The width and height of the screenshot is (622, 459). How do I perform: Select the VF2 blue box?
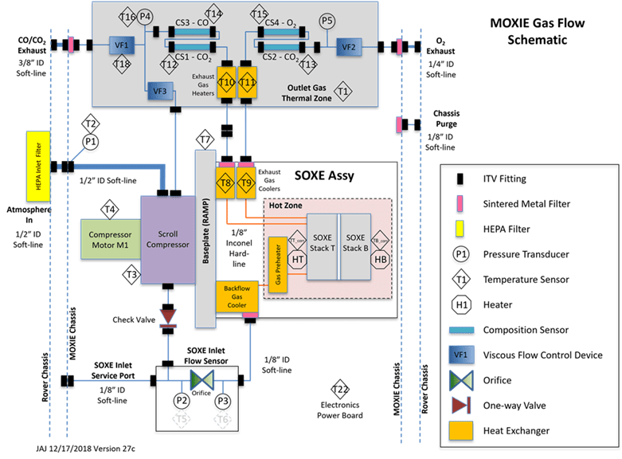pos(349,48)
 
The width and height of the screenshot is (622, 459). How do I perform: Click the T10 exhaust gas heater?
pos(227,82)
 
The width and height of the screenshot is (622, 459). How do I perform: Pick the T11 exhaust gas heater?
pos(248,82)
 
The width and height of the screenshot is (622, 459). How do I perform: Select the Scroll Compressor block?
pos(168,238)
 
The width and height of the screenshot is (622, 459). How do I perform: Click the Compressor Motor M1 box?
pos(111,240)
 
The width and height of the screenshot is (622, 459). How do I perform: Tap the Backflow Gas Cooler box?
pos(241,298)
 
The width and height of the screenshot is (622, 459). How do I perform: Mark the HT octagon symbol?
pos(296,260)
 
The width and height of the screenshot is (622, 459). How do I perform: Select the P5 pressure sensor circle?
pos(327,21)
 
